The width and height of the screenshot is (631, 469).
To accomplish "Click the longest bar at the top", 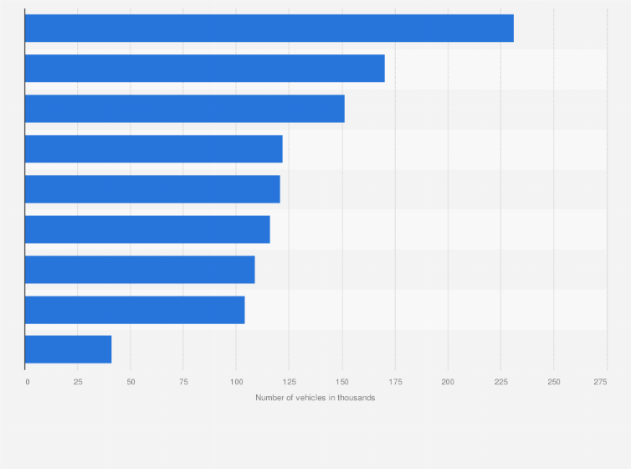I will click(269, 28).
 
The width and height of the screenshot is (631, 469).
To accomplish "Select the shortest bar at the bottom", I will click(68, 349).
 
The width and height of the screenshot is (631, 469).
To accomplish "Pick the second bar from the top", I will click(204, 69).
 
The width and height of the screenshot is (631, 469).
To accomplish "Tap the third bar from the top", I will click(184, 109).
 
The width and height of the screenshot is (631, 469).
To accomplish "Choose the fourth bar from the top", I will click(153, 149).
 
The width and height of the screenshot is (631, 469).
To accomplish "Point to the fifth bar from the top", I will click(152, 189).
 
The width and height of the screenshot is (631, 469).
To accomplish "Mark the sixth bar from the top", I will click(147, 229).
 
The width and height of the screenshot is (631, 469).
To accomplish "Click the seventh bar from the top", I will click(140, 270).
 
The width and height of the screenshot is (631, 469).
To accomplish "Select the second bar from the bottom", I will click(135, 310).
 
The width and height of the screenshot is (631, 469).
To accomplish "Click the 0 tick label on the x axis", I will click(27, 381).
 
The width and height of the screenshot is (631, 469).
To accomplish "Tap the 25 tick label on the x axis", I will click(78, 381).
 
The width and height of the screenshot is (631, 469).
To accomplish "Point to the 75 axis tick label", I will click(183, 381).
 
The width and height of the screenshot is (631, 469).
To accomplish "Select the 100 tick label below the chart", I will click(236, 381).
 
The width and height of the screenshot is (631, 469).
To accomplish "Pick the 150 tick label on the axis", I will click(341, 381).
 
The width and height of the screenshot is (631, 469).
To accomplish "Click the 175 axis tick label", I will click(395, 381).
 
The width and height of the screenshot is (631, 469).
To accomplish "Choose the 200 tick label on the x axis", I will click(448, 381).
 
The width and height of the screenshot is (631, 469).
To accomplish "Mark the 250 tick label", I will click(553, 381).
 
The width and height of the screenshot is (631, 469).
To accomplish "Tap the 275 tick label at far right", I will click(600, 381).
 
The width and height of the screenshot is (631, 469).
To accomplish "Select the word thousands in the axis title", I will click(357, 398).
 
